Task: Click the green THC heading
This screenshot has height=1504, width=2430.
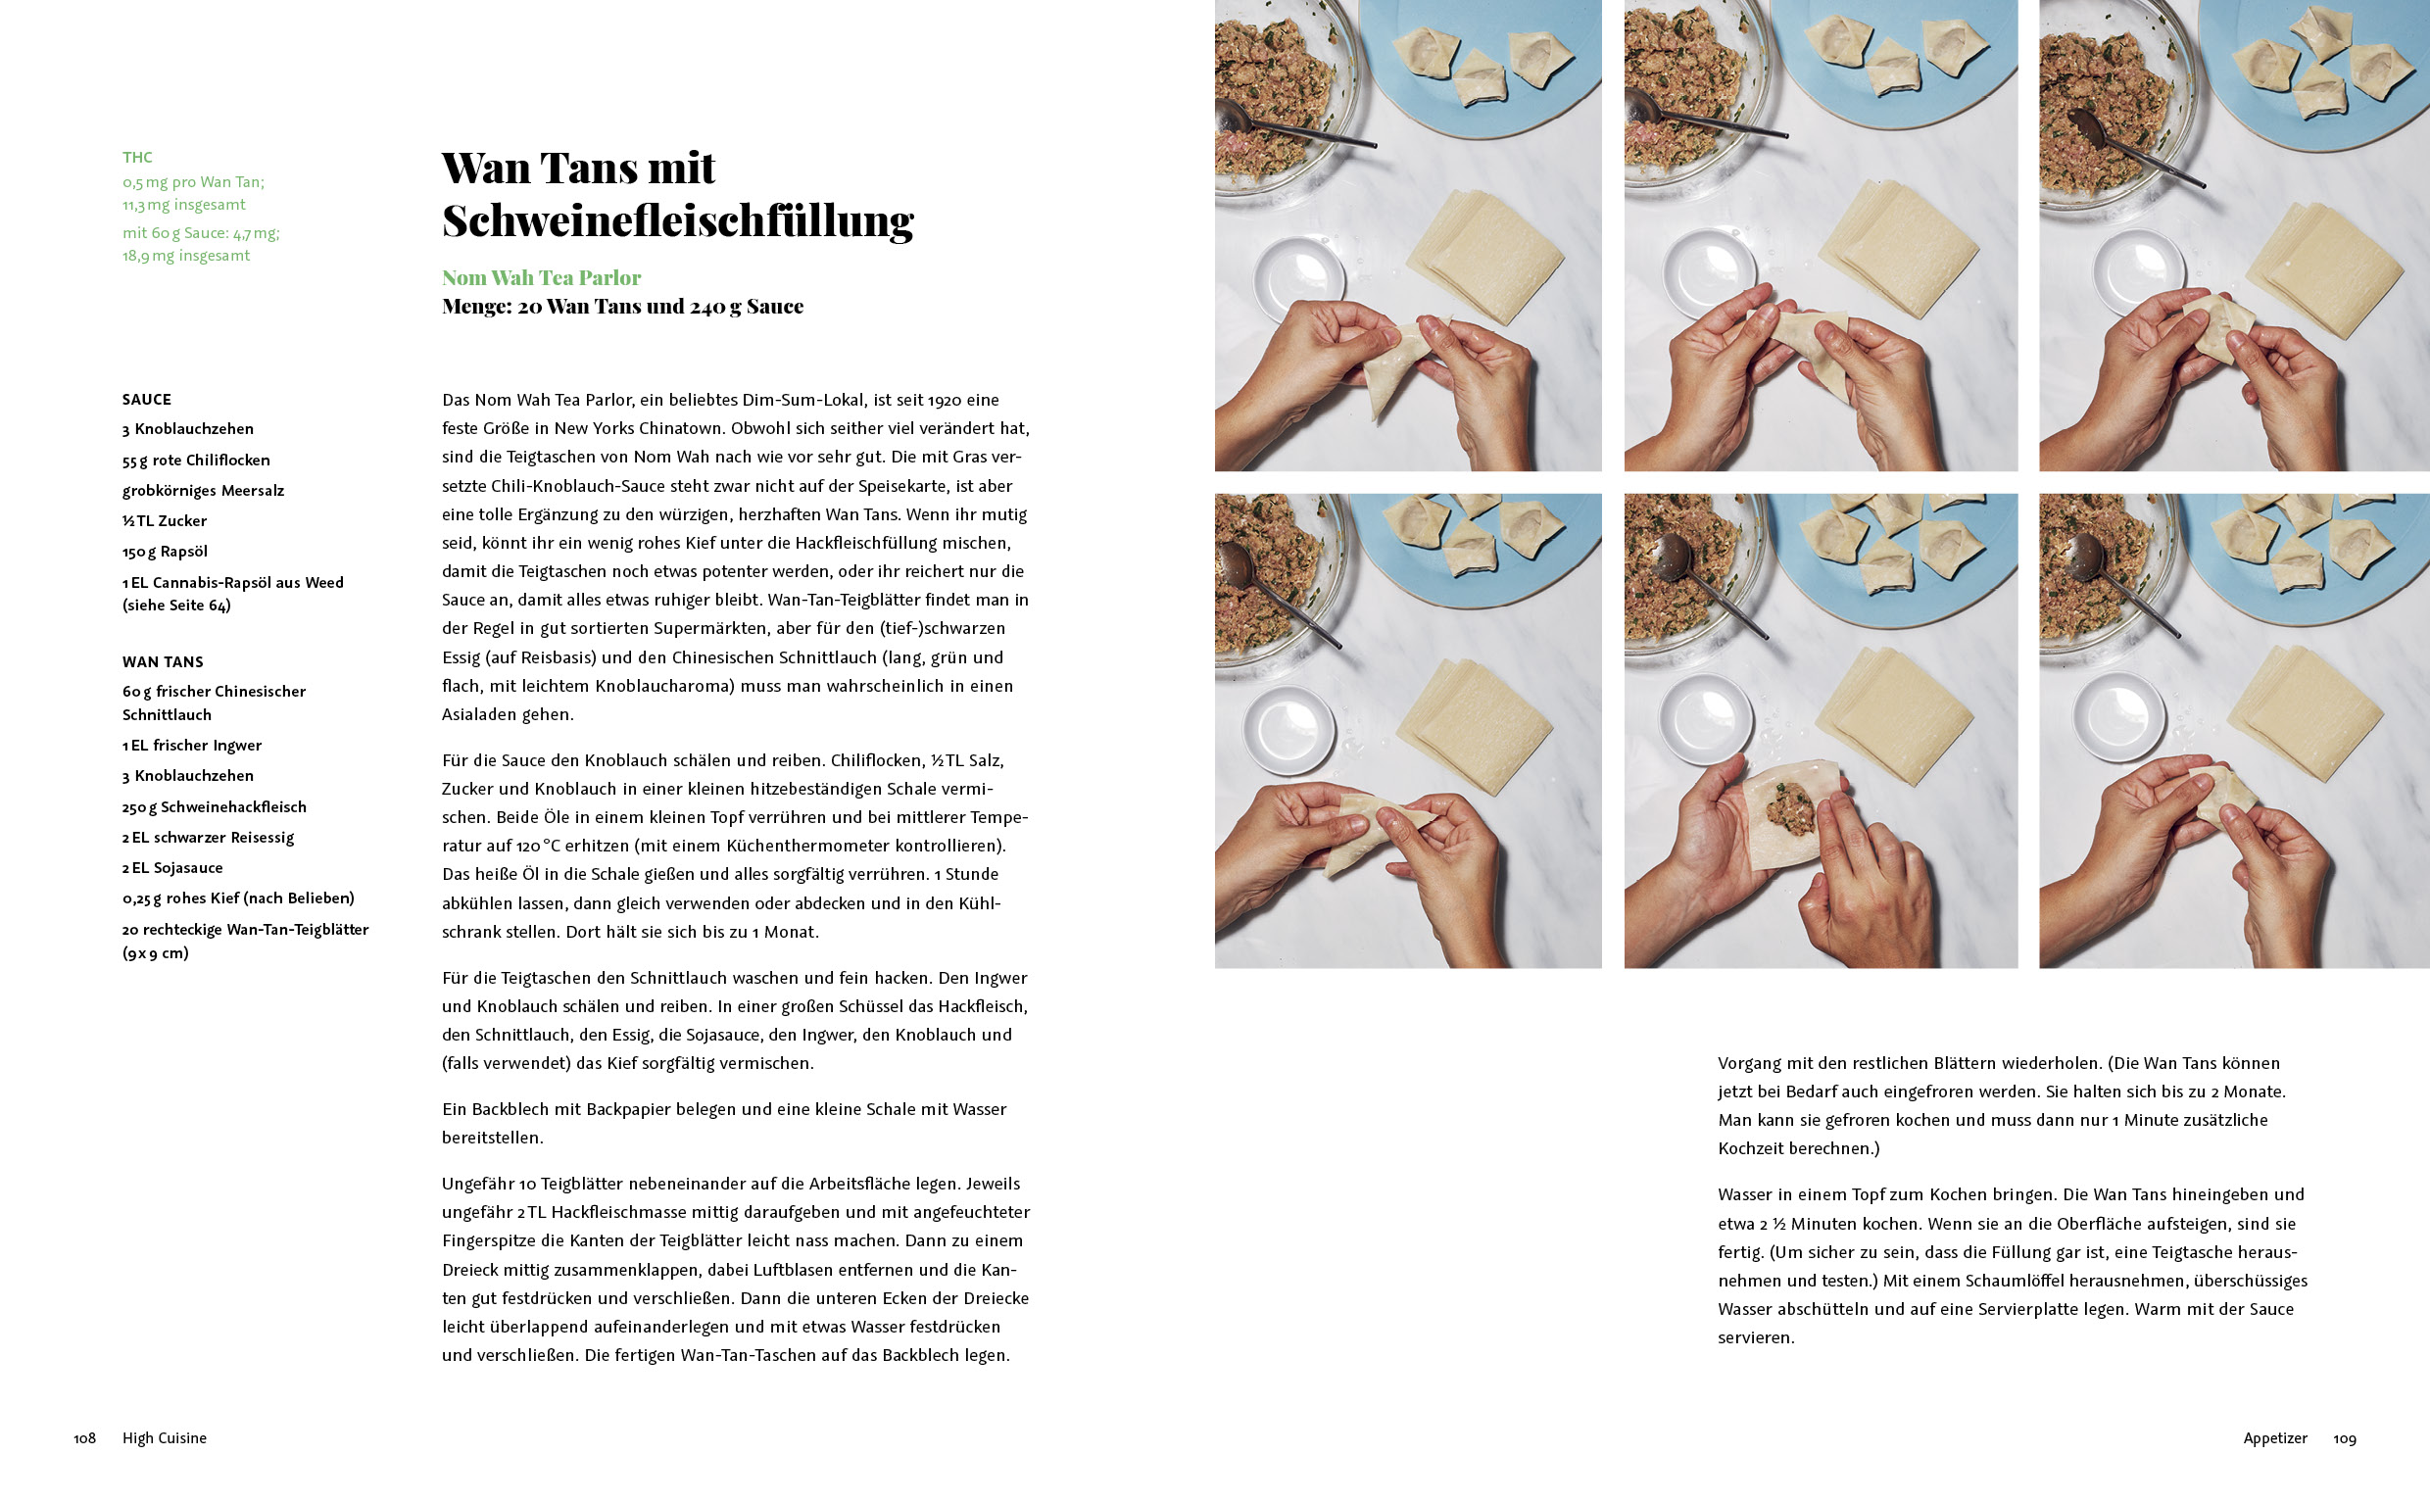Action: [x=137, y=157]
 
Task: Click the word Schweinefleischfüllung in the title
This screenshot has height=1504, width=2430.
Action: [x=677, y=220]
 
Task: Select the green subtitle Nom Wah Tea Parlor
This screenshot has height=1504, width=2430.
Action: [x=541, y=277]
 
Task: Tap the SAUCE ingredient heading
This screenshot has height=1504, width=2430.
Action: [x=146, y=400]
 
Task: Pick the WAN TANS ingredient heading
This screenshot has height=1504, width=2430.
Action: [x=162, y=662]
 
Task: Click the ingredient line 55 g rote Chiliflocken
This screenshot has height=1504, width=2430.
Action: [x=196, y=461]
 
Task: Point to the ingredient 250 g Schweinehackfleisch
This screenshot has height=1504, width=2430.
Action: [x=214, y=807]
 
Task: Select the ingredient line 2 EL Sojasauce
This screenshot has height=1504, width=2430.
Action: [x=172, y=868]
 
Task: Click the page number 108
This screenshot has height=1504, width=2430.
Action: [x=84, y=1438]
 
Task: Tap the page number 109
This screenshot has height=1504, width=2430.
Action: [x=2345, y=1438]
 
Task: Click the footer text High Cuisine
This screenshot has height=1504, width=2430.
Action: [x=164, y=1438]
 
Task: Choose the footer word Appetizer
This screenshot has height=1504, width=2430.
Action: [x=2275, y=1438]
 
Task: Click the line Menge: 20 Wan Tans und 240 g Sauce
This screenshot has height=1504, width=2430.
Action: [x=622, y=307]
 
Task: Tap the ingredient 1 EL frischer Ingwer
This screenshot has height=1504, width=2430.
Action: [x=192, y=746]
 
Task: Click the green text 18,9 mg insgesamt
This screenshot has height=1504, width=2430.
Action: [x=186, y=256]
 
